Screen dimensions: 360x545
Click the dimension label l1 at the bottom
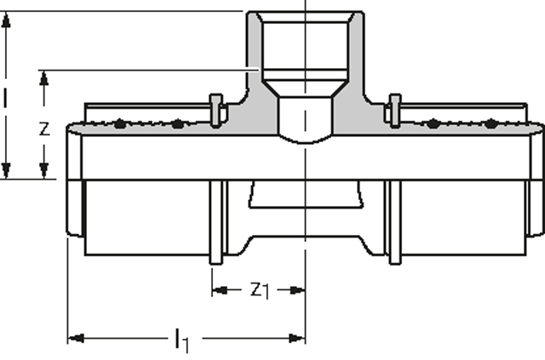(181, 341)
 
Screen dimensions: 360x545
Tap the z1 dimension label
(259, 290)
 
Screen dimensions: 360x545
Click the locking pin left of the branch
(215, 110)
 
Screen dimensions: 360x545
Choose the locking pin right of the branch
(394, 110)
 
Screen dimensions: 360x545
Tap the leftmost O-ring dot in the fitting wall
(120, 124)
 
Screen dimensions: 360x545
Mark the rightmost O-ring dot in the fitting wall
(492, 124)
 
